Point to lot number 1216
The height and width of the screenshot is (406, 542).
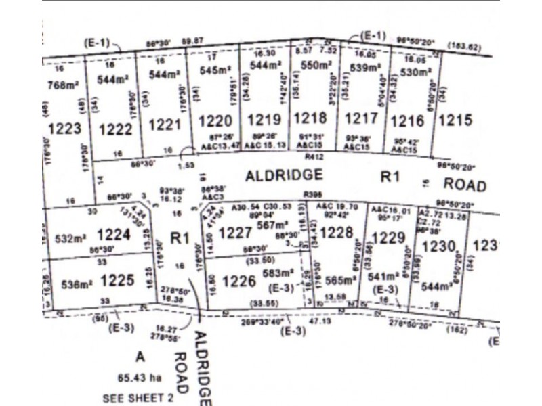point(407,120)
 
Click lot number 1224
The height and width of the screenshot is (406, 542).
point(113,235)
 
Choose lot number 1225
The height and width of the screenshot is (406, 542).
point(117,279)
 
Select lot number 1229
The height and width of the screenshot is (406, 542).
point(388,238)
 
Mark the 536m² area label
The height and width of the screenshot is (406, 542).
point(73,285)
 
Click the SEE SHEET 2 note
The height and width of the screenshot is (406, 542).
point(138,398)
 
